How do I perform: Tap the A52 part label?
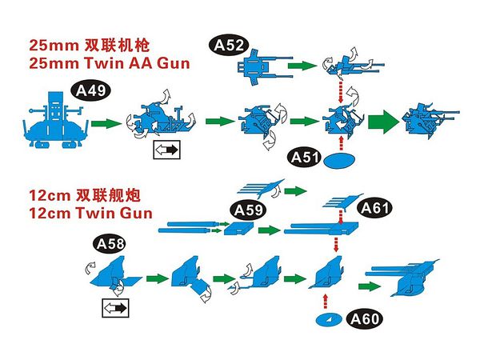click(x=229, y=45)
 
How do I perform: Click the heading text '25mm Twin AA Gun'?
click(x=110, y=63)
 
